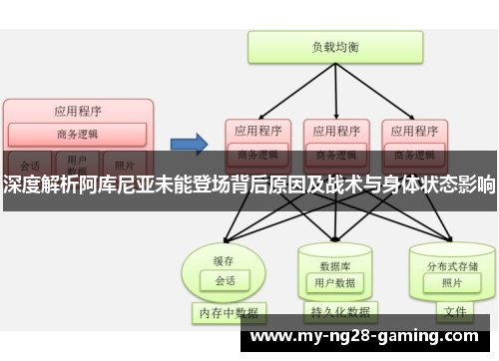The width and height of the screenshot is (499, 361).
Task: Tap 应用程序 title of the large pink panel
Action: click(78, 111)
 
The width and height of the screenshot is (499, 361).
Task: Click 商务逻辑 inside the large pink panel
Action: click(78, 134)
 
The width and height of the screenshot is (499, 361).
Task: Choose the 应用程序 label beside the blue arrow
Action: click(255, 130)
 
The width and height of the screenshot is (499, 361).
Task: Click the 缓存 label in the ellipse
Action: click(226, 232)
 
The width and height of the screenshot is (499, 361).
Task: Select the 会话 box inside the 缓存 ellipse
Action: click(226, 253)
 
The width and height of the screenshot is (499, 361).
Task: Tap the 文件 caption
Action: click(454, 312)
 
